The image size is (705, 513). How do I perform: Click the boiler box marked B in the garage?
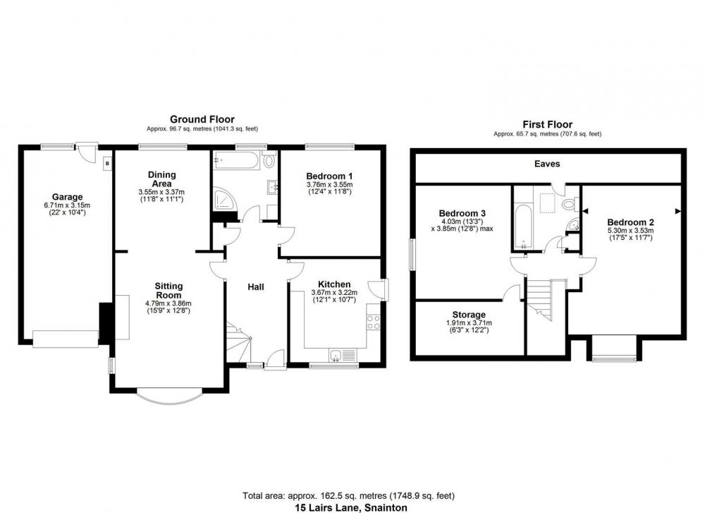[107, 164]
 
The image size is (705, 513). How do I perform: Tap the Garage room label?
[67, 197]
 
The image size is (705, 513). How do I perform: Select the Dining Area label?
[162, 179]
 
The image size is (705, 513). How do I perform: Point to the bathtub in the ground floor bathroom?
[236, 161]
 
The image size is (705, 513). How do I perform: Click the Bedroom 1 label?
[329, 176]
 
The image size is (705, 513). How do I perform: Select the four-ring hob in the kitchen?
[373, 322]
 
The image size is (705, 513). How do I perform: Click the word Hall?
[256, 286]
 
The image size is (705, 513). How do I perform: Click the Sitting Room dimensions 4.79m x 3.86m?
[168, 303]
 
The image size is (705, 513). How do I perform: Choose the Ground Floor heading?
[202, 119]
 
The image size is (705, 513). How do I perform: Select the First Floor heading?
[547, 125]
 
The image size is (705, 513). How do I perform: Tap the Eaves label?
[547, 164]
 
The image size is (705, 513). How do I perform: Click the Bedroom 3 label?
[462, 213]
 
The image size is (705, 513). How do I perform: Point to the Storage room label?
[469, 315]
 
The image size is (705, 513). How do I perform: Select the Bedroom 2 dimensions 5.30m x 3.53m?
[630, 231]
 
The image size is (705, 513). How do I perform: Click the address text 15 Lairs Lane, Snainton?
[351, 507]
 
